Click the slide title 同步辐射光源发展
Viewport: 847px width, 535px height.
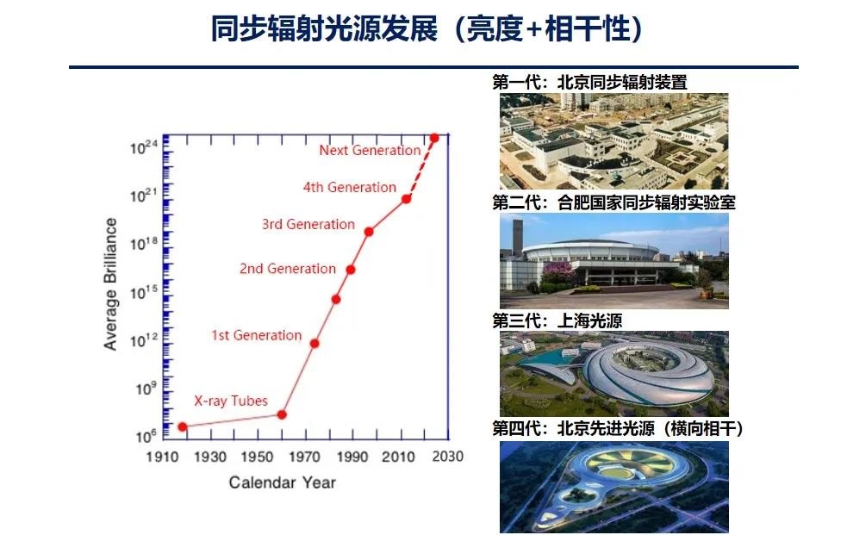coord(324,28)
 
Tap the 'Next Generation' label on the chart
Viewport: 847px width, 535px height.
coord(370,150)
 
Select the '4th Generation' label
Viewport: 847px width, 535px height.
coord(350,187)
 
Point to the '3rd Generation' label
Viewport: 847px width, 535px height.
coord(308,224)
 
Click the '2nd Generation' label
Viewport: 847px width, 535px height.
coord(288,268)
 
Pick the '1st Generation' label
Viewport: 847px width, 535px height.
coord(256,335)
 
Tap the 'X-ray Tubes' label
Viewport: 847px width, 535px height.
coord(231,401)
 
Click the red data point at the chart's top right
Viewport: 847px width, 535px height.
coord(433,138)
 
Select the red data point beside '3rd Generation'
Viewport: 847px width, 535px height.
coord(369,232)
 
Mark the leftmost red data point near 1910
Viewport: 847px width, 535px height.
coord(183,427)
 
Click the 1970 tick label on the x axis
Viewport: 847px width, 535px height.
coord(305,457)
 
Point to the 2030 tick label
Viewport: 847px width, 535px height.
coord(448,457)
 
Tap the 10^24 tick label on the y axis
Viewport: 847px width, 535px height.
coord(144,146)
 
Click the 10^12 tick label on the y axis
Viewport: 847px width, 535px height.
coord(144,339)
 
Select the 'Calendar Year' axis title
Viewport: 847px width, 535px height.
coord(283,482)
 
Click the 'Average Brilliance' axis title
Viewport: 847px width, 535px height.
coord(111,284)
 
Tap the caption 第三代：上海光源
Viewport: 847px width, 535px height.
coord(557,320)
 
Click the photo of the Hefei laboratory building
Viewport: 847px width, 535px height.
coord(614,261)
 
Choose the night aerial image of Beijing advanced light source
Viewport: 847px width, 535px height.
coord(614,488)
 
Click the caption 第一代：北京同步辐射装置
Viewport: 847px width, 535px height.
coord(589,82)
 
